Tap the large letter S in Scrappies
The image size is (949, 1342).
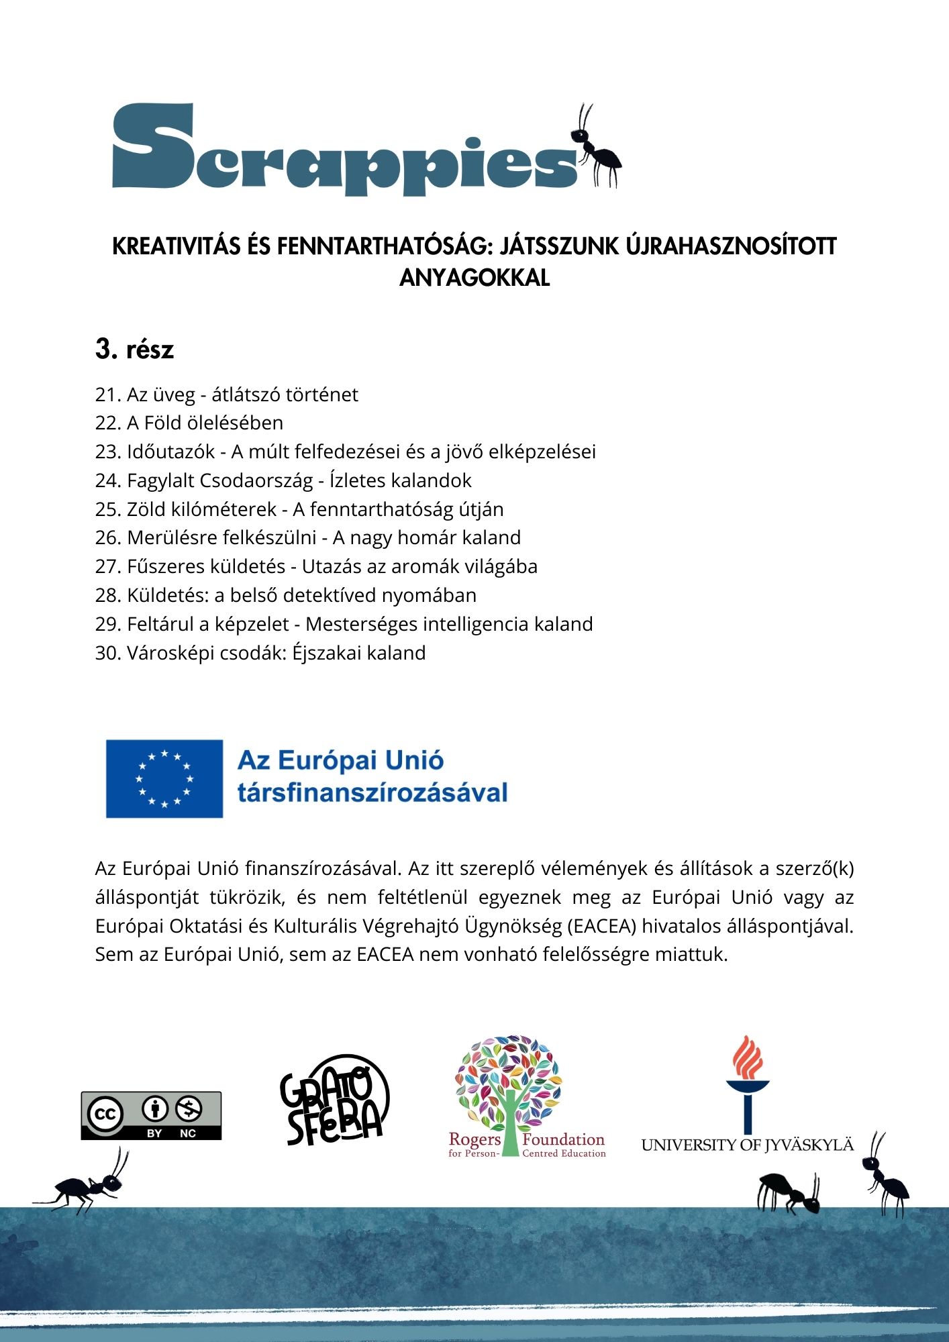(153, 146)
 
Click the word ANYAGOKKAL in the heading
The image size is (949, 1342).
(474, 278)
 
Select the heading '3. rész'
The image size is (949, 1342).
(134, 350)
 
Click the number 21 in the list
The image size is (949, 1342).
(107, 395)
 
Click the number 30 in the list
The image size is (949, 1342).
(107, 653)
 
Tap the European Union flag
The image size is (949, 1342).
(164, 778)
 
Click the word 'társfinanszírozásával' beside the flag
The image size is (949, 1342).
(372, 793)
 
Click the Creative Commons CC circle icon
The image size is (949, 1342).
(104, 1115)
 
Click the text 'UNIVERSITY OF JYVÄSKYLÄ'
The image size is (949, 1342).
(747, 1145)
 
